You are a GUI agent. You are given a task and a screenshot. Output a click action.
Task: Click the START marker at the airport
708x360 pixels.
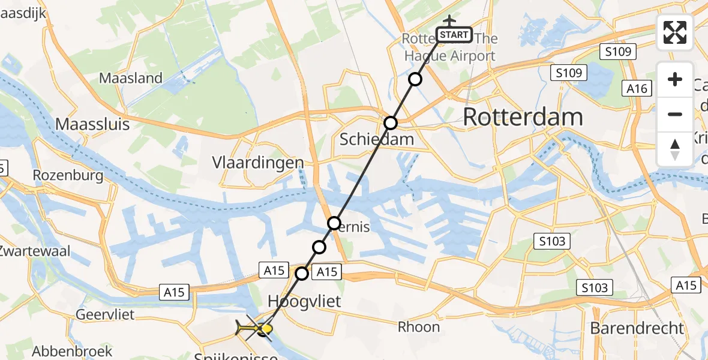pos(454,35)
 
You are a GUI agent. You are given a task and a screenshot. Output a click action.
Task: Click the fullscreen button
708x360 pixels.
pos(675,32)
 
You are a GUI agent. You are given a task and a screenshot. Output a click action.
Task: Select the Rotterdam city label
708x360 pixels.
pos(523,117)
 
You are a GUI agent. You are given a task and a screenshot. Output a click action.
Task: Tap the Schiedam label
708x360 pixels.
pos(377,139)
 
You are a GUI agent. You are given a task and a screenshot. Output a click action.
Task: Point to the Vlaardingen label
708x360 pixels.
pos(258,163)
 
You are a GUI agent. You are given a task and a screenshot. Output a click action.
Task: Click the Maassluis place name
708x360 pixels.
pos(92,124)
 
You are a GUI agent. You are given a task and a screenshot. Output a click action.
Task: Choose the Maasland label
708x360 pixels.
pos(131,78)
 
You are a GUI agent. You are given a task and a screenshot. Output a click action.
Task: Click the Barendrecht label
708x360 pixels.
pos(637,328)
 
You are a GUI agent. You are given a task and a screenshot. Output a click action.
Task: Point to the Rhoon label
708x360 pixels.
pos(419,327)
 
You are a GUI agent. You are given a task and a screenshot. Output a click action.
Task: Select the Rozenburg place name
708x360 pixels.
pos(68,176)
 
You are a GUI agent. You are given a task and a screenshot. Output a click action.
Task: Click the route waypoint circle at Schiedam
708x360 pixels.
pos(391,123)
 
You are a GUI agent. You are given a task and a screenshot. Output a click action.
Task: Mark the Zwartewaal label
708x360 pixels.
pos(35,251)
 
